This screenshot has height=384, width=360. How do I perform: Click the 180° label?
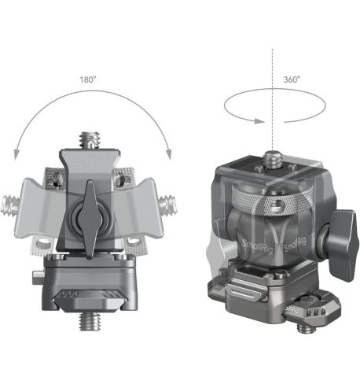point(87,80)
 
